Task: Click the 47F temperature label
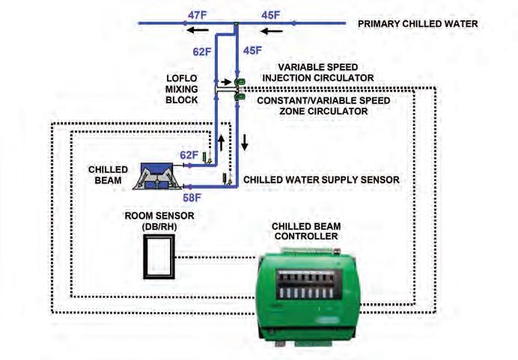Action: [x=197, y=15]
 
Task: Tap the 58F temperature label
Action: [x=192, y=198]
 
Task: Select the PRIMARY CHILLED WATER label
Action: [x=418, y=24]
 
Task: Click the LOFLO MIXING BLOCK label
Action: [x=182, y=89]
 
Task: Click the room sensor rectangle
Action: [x=159, y=257]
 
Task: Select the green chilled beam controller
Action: [x=308, y=297]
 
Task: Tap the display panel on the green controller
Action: [x=309, y=284]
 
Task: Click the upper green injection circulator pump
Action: [x=240, y=82]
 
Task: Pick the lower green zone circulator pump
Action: [x=240, y=97]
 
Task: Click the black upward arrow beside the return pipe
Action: [x=222, y=143]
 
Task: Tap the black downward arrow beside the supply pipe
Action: [x=245, y=142]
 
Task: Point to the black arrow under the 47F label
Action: [x=198, y=31]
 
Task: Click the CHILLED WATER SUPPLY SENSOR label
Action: [x=321, y=180]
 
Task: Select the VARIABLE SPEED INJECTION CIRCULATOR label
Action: [x=318, y=73]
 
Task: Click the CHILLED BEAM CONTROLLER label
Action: [x=306, y=231]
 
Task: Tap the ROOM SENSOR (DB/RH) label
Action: [x=159, y=221]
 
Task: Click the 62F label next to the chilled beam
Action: [x=189, y=155]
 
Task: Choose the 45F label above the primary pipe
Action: [x=270, y=15]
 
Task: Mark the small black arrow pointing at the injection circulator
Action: [x=226, y=82]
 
